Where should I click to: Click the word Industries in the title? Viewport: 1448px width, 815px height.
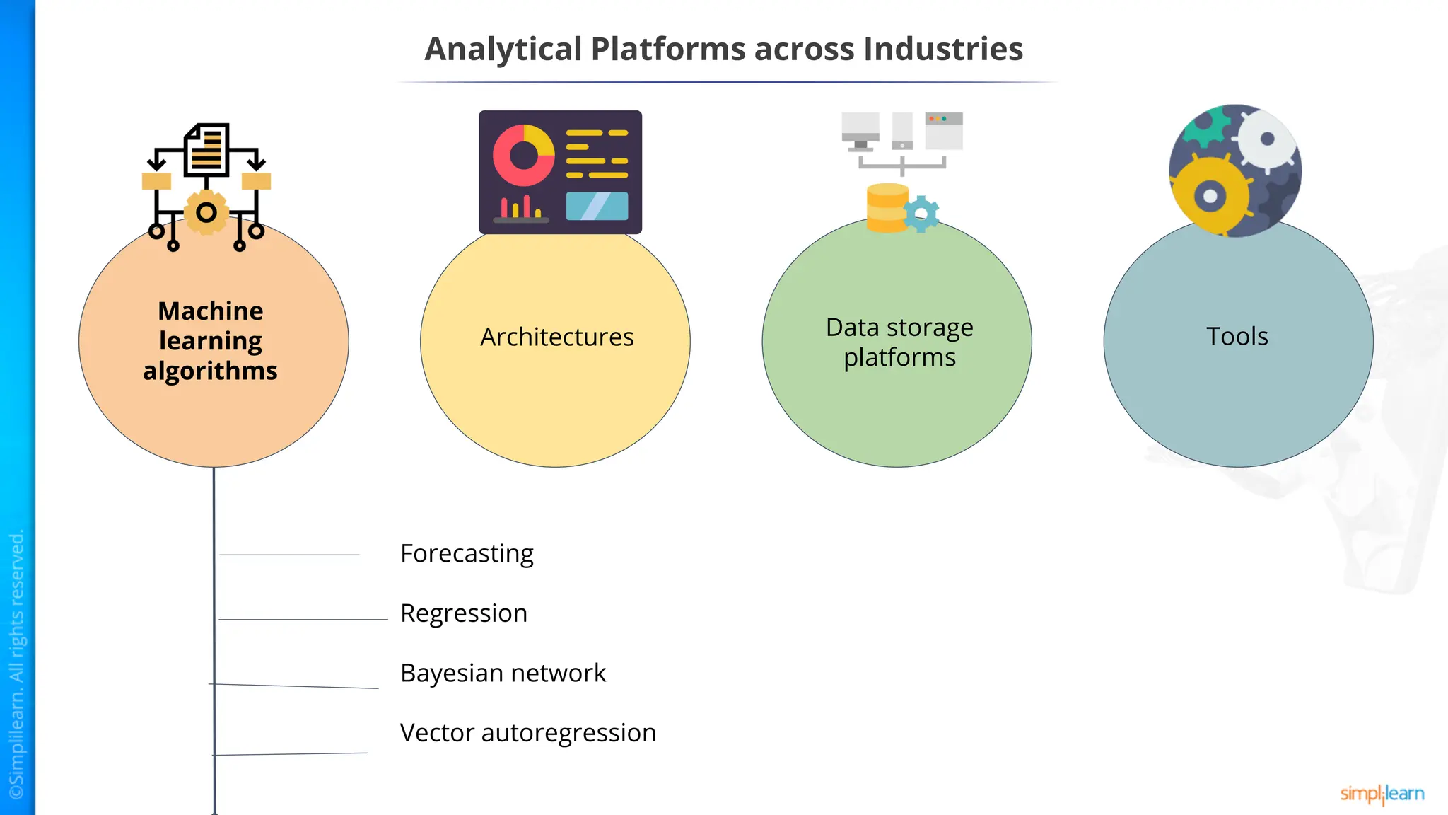(x=943, y=50)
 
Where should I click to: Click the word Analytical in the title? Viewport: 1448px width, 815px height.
(x=503, y=50)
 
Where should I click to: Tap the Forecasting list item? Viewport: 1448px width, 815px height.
(x=467, y=554)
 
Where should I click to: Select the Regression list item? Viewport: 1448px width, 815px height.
(x=464, y=613)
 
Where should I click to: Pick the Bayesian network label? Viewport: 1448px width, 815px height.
(x=503, y=673)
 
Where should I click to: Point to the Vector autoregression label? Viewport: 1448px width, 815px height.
(x=527, y=733)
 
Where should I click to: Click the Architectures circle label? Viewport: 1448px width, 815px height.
(x=556, y=337)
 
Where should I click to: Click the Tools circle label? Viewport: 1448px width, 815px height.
(x=1237, y=336)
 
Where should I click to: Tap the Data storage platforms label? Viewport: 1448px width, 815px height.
(x=899, y=342)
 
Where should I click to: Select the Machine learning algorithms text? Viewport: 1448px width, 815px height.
(x=211, y=341)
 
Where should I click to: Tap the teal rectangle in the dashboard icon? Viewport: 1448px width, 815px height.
(x=597, y=206)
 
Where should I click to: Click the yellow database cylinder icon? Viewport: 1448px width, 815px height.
(x=887, y=208)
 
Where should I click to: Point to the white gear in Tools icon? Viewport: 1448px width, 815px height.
(x=1266, y=139)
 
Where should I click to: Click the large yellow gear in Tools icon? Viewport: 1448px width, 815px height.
(x=1210, y=195)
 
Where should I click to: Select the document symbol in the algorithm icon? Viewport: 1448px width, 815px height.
(x=206, y=150)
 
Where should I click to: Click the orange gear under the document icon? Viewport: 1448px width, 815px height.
(x=206, y=212)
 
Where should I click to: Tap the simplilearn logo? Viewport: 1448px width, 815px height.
(x=1382, y=794)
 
